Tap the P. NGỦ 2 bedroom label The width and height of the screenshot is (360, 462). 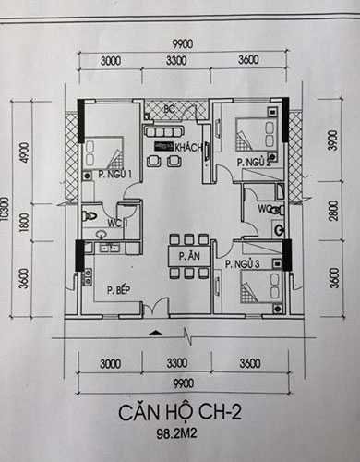click(252, 163)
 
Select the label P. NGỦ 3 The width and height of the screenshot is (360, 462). click(243, 263)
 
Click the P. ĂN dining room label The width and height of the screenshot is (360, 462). click(189, 255)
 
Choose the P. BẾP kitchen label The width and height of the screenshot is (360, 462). click(117, 290)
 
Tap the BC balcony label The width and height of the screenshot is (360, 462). click(170, 110)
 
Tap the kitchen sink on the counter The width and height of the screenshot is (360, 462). click(108, 248)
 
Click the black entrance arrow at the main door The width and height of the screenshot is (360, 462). click(156, 330)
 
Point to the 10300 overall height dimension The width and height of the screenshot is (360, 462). click(6, 214)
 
